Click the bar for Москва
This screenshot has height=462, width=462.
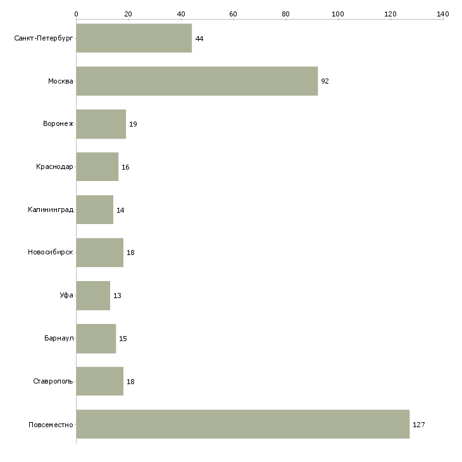point(197,81)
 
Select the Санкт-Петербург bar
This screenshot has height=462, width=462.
point(134,38)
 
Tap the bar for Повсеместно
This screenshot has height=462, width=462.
point(243,424)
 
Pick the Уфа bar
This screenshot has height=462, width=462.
point(93,296)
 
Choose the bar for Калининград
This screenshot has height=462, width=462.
point(94,209)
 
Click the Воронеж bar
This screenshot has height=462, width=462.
point(101,124)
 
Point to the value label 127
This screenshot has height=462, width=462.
point(419,425)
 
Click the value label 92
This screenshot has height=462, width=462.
point(325,81)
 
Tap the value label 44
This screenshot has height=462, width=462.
point(199,39)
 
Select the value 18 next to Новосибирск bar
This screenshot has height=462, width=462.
point(130,253)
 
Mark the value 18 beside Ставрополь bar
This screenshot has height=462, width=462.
point(130,382)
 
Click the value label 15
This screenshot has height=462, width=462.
point(123,339)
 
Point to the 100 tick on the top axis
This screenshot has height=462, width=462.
point(338,14)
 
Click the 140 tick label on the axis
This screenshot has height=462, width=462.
point(443,14)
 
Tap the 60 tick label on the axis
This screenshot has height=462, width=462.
point(233,14)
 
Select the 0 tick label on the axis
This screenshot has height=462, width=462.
point(77,14)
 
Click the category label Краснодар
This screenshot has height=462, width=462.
point(54,167)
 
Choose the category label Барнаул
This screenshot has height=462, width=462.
point(59,338)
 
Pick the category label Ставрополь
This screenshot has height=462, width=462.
point(53,381)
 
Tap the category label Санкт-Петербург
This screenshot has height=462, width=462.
point(44,39)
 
